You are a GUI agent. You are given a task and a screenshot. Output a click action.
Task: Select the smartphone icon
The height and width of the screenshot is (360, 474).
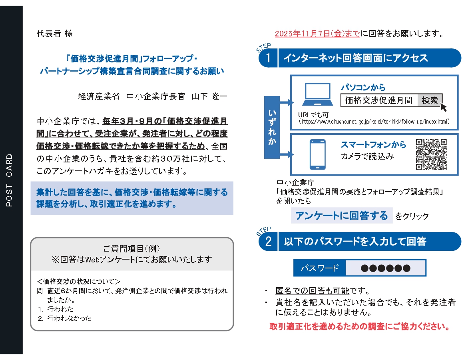(x=318, y=154)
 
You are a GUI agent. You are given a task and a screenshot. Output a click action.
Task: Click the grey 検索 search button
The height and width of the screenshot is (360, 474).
(x=430, y=100)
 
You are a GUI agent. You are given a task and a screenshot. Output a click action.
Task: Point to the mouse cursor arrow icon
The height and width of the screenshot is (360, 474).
(x=443, y=107)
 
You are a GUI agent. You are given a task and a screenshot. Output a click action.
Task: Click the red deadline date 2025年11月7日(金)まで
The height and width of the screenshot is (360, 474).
(x=317, y=34)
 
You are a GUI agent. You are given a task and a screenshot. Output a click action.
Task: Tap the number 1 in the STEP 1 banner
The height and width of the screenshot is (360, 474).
(x=268, y=58)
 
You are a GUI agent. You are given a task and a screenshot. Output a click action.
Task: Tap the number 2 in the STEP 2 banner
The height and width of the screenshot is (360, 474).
(x=268, y=242)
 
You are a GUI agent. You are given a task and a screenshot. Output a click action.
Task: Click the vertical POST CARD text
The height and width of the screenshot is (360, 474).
(x=10, y=180)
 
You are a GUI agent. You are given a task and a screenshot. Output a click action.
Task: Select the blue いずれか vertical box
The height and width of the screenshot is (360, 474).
(x=272, y=127)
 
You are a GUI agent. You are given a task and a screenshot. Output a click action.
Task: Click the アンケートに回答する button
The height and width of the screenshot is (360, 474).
(x=341, y=216)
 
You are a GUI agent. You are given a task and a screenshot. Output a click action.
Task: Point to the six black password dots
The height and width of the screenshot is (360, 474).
(x=385, y=268)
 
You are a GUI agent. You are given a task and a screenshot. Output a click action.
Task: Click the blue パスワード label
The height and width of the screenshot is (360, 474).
(x=319, y=268)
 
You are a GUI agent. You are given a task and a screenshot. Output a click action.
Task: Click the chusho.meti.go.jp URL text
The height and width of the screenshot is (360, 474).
(x=374, y=121)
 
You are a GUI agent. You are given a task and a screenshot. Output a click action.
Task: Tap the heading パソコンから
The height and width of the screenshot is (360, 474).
(x=363, y=88)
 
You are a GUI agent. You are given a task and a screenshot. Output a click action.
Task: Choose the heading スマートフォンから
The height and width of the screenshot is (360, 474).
(x=373, y=145)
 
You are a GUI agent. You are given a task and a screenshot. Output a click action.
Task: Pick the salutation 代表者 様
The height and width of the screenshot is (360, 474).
(x=55, y=34)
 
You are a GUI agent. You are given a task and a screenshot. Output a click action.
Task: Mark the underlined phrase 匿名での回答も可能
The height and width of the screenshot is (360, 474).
(x=312, y=291)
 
